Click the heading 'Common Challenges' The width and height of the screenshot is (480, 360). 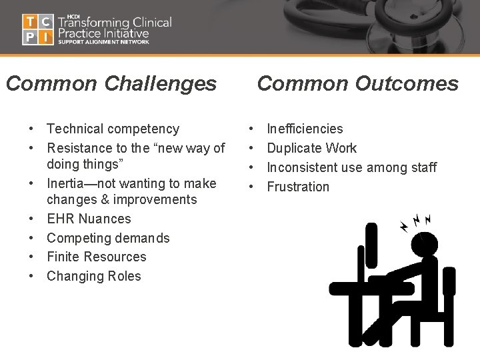coord(111,83)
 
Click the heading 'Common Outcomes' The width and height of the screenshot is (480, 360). coord(358,83)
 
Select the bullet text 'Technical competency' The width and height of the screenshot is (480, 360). coord(113,129)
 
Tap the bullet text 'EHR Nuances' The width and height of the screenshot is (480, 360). coord(89,219)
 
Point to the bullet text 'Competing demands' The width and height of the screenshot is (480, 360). coord(108,238)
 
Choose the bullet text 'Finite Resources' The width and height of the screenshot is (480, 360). coord(96,257)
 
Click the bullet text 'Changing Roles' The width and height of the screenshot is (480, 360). coord(94,276)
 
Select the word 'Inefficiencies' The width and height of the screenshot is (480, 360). coord(305,129)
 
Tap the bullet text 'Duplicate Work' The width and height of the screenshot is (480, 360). coord(311,148)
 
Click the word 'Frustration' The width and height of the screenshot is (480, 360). coord(298,187)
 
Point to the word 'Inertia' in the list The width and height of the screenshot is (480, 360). coord(67,183)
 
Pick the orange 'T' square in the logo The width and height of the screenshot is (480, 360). coord(29,21)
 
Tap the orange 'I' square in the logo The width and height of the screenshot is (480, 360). coord(45,37)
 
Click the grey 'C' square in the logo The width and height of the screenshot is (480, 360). coord(45,21)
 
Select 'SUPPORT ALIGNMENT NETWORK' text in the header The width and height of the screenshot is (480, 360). coord(103,41)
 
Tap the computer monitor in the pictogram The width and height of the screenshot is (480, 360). coord(371,247)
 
